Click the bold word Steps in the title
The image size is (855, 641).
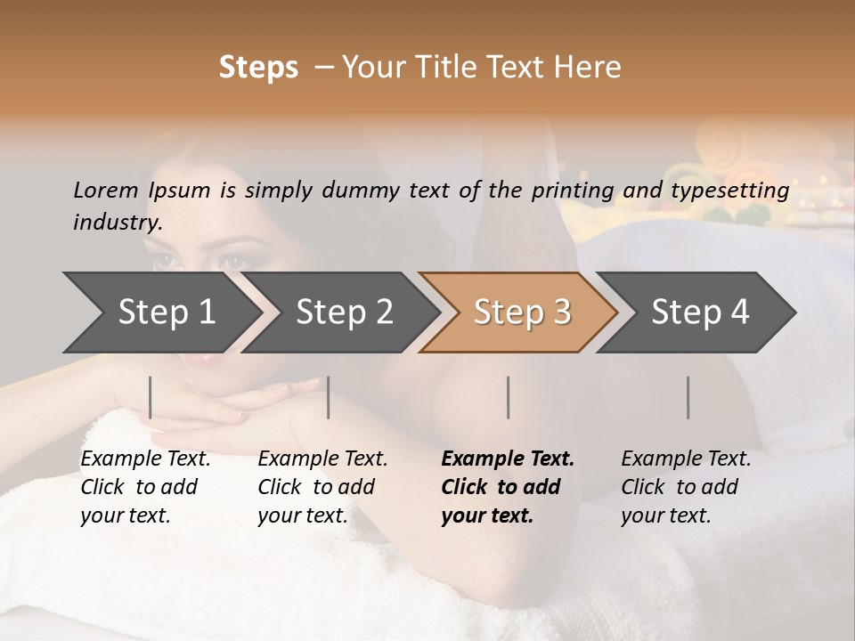click(x=258, y=68)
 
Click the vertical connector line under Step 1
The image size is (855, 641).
click(x=151, y=397)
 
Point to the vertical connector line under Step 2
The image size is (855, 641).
click(x=329, y=397)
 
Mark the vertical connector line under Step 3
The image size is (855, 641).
click(x=508, y=397)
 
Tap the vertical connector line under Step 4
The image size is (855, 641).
click(x=688, y=397)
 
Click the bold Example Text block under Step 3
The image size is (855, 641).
click(x=508, y=487)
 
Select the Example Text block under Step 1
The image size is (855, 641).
click(x=145, y=487)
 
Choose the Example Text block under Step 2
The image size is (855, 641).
click(x=322, y=487)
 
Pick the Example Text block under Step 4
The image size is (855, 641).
click(x=686, y=487)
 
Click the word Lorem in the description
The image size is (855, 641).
click(x=106, y=190)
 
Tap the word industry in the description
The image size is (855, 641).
click(x=118, y=222)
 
